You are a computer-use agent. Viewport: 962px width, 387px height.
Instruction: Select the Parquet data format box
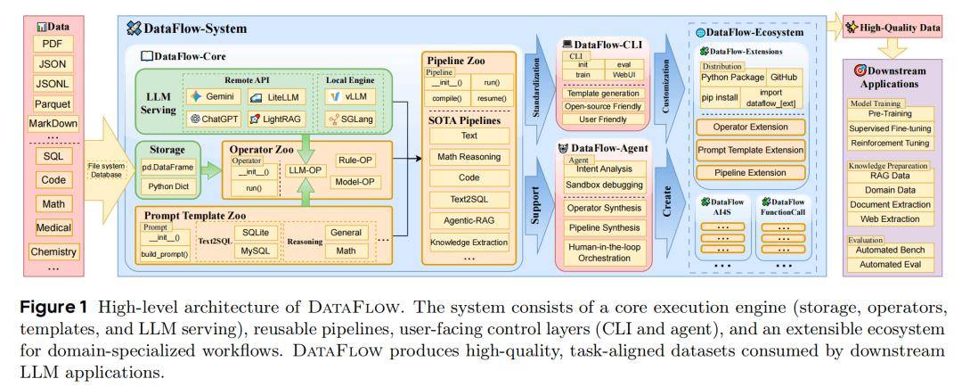[53, 103]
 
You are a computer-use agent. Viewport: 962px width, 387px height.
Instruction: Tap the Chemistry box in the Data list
[53, 251]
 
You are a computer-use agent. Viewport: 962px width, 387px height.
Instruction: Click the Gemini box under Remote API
[211, 95]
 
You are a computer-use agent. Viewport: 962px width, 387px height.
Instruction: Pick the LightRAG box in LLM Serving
[278, 118]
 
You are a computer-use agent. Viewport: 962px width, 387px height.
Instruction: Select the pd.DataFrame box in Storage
[167, 166]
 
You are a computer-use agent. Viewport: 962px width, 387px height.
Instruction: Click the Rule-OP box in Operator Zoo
[355, 161]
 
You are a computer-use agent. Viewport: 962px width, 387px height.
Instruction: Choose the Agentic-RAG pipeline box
[469, 220]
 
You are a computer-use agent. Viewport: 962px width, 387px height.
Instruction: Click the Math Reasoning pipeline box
[469, 157]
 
